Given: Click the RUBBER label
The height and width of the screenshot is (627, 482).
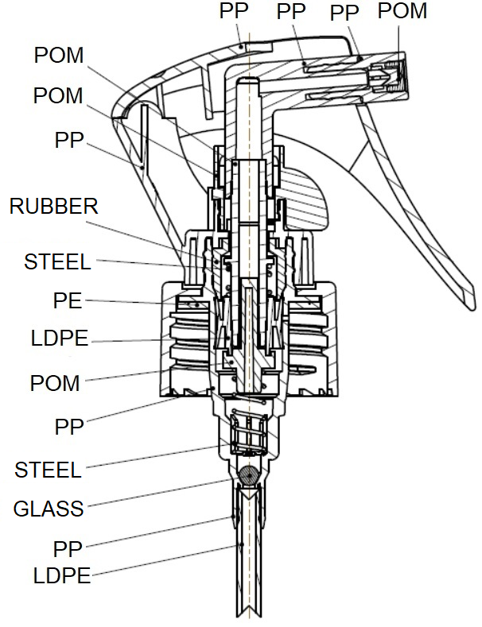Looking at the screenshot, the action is click(x=53, y=207).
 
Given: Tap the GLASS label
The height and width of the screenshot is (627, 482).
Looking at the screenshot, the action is click(x=49, y=509).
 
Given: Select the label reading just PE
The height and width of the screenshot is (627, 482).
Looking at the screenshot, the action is click(x=68, y=300).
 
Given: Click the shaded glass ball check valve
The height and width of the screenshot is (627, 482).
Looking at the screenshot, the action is click(x=249, y=475).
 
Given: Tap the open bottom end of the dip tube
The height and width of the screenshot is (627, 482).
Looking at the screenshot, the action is click(x=249, y=617).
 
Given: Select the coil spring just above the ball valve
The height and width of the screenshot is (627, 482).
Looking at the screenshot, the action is click(x=249, y=434).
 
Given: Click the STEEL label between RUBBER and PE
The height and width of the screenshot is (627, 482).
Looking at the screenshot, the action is click(x=57, y=262).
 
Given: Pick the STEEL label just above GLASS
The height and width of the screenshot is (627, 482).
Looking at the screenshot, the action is click(x=48, y=470).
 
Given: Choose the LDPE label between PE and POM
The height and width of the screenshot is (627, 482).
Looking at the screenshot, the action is click(x=60, y=339).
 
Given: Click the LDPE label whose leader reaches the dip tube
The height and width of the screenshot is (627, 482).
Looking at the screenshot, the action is click(x=62, y=576).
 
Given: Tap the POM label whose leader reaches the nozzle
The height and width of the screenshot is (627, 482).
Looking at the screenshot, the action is click(x=402, y=11).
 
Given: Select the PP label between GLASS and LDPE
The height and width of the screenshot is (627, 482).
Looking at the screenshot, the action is click(x=68, y=549).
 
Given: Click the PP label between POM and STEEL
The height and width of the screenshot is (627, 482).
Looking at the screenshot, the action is click(x=69, y=427).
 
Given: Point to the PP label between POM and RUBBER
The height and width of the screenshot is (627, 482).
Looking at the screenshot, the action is click(x=69, y=140).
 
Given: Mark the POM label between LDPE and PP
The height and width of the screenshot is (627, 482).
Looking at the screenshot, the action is click(x=55, y=383).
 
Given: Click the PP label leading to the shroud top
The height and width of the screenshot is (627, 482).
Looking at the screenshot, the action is click(x=234, y=11).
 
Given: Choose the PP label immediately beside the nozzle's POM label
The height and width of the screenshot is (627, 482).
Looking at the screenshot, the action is click(x=344, y=13).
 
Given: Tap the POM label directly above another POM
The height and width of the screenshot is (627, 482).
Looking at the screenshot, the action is click(x=59, y=55).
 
